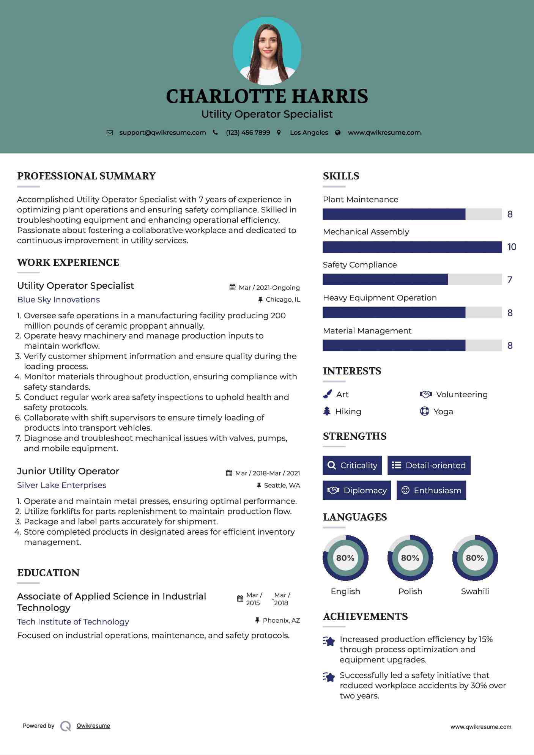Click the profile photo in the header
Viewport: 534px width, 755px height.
point(267,51)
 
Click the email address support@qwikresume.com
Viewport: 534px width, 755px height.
point(162,132)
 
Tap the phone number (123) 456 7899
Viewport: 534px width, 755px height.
point(248,132)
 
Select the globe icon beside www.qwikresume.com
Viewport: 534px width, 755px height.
point(338,132)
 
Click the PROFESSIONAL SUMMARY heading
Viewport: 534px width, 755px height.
point(87,176)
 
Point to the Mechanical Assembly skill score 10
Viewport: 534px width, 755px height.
point(512,247)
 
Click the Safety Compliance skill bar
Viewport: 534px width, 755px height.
point(412,280)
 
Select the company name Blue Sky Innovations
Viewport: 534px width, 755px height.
point(58,300)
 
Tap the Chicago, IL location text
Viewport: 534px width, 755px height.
point(283,300)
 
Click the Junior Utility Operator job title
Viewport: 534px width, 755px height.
point(68,471)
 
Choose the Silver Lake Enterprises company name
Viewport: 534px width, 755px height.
point(61,485)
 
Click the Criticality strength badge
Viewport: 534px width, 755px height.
point(352,465)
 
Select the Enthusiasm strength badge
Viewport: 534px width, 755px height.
point(431,490)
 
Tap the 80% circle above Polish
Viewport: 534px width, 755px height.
point(410,558)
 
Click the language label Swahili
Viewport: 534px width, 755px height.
point(475,591)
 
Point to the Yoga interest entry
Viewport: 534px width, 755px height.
point(443,412)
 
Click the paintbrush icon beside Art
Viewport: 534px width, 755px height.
point(327,395)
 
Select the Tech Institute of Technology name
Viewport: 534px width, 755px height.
point(73,622)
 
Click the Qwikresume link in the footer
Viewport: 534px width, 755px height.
point(93,726)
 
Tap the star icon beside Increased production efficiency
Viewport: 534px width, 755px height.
point(329,641)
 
